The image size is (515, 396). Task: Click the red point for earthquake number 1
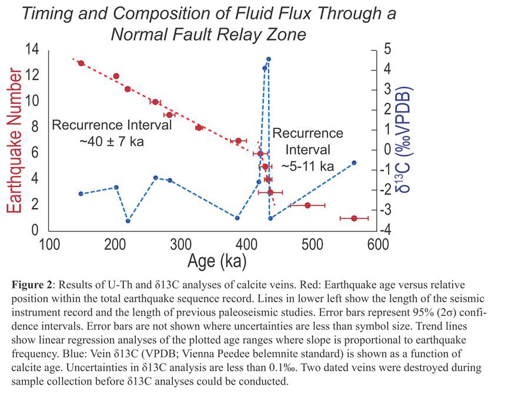354,218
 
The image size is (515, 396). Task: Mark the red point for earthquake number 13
81,63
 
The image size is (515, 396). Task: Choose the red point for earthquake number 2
307,205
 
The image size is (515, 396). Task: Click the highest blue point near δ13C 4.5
268,59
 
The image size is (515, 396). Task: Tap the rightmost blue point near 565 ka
354,163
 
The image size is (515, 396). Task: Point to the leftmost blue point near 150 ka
81,193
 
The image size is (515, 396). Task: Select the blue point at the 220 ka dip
128,221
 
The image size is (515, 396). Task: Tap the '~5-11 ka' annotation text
307,166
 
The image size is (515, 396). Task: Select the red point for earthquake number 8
199,127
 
